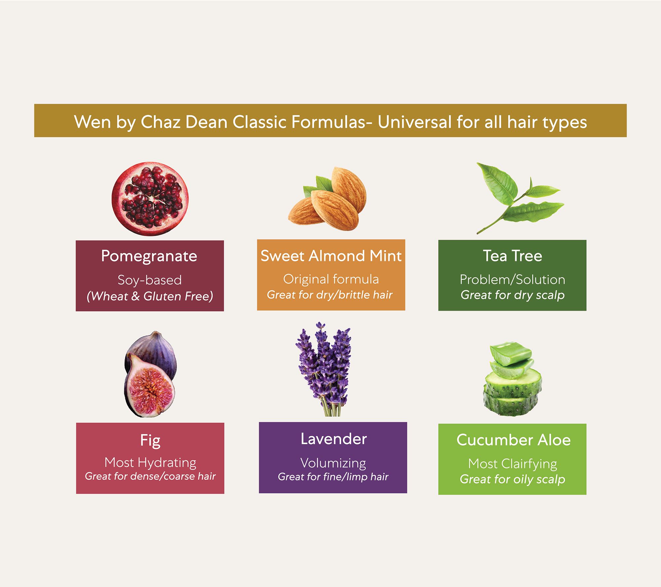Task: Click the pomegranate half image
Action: [x=150, y=199]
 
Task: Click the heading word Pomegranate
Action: [x=149, y=257]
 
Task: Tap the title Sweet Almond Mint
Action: [x=331, y=256]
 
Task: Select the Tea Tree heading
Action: [x=513, y=256]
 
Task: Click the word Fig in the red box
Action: [x=150, y=441]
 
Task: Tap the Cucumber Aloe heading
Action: [x=514, y=440]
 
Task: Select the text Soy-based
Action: [x=150, y=280]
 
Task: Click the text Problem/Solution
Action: [x=513, y=280]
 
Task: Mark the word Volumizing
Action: [x=333, y=464]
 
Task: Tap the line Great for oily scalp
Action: [x=513, y=479]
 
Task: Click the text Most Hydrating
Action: [x=150, y=463]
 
